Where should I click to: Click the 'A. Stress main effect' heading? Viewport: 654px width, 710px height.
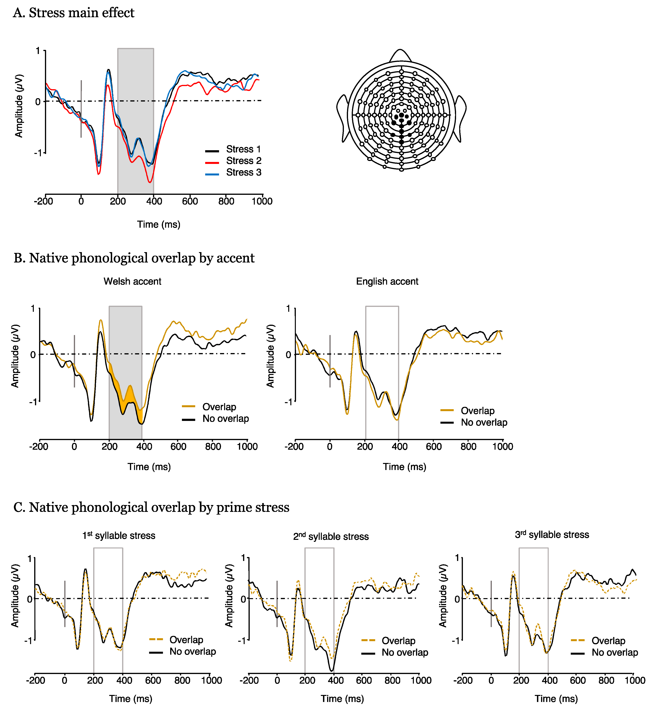(x=74, y=13)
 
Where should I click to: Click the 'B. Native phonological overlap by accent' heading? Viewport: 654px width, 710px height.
(x=134, y=258)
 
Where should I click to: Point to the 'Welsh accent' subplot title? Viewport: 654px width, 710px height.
(x=132, y=281)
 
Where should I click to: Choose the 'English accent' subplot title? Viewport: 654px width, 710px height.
(x=387, y=281)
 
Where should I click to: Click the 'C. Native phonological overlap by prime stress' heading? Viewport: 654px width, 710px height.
(x=151, y=507)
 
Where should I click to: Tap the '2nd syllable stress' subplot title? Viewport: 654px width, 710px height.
(x=331, y=536)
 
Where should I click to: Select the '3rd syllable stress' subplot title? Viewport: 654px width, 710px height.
(x=552, y=535)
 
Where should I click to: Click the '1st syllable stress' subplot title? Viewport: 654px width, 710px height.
(x=119, y=535)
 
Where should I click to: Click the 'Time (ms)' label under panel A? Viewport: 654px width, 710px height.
(x=158, y=224)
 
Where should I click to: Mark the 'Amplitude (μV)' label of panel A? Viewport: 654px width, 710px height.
(x=18, y=106)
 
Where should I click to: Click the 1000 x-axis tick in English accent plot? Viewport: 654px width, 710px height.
(x=503, y=446)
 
